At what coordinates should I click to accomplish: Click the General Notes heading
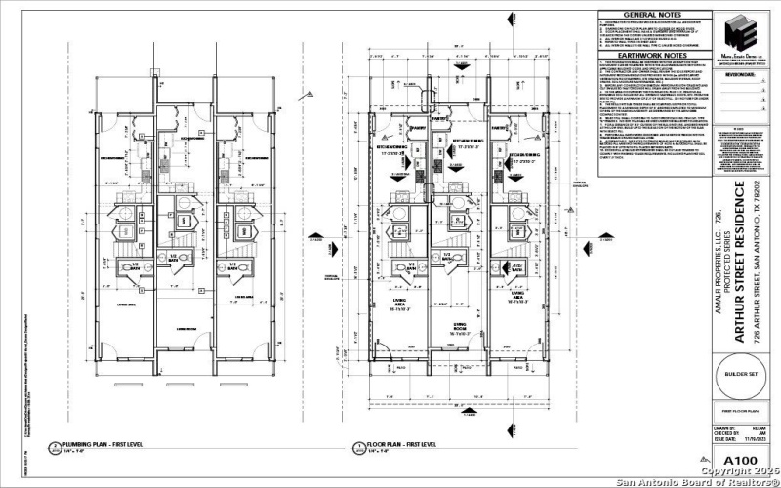click(653, 16)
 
